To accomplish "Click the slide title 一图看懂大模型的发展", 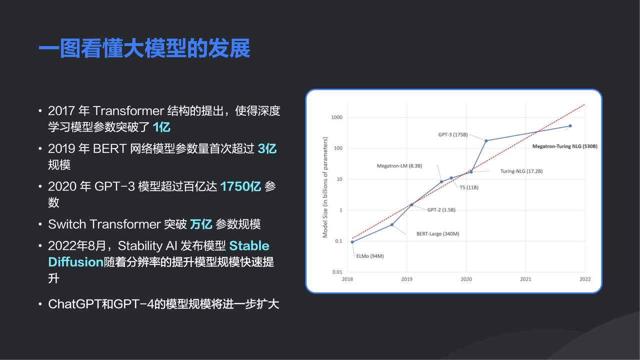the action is coord(144,48).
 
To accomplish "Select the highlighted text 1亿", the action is coord(161,127).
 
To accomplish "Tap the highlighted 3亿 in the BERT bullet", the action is coord(267,148).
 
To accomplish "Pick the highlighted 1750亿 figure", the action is coord(240,186).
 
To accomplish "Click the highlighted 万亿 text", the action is coord(201,224).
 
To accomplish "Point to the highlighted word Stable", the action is coord(249,245).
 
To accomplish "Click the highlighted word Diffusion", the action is coord(75,262).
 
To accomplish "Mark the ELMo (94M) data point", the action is coord(352,242).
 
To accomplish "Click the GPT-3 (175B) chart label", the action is coord(453,134).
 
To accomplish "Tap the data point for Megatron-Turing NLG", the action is coord(570,126).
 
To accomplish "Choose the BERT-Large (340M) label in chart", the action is coord(437,233).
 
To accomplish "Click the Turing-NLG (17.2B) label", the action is coord(521,171).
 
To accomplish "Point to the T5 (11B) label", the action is coord(469,187).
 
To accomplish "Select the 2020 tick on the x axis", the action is coord(466,279).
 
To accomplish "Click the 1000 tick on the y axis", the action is coord(336,117).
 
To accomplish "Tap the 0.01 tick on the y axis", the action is coord(337,272).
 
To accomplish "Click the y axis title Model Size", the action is coord(325,187).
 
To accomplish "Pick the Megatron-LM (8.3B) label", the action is coord(399,166).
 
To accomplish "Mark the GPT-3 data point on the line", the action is coord(486,141).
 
